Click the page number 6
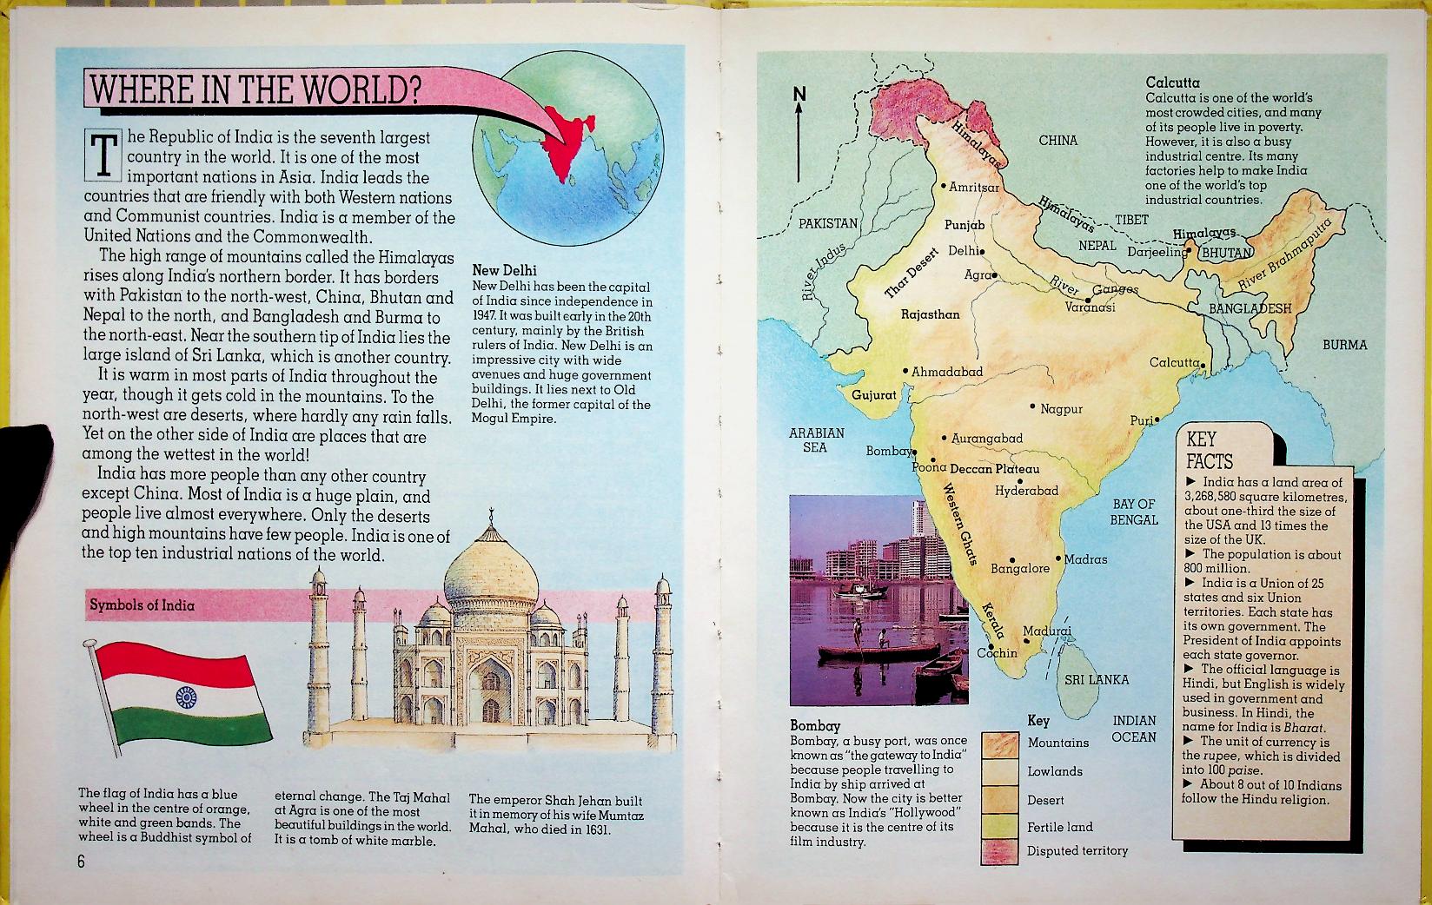[81, 862]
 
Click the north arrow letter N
[799, 95]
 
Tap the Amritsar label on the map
[973, 187]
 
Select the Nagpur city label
[1061, 408]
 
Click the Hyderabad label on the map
[1026, 491]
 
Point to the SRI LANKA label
[1097, 679]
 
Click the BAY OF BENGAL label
[1134, 512]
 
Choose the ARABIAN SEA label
[816, 439]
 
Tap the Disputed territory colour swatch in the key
[1000, 852]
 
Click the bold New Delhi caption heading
[504, 271]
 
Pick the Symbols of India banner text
[141, 605]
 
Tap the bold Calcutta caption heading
[1173, 83]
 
